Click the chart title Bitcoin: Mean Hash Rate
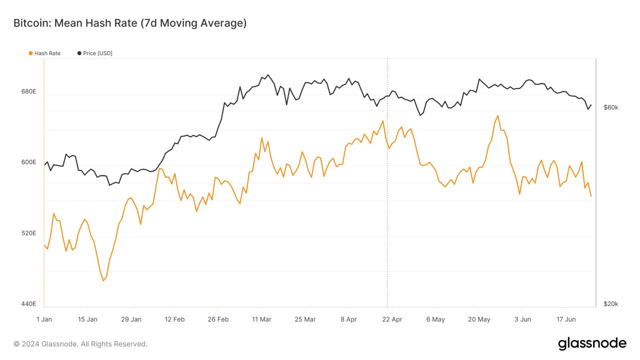click(x=129, y=23)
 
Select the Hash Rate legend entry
click(x=47, y=53)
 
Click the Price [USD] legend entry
click(x=97, y=53)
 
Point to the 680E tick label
click(x=28, y=91)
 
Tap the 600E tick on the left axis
click(x=28, y=162)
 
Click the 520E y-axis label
click(x=28, y=233)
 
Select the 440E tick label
click(x=28, y=303)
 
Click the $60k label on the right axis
click(x=611, y=107)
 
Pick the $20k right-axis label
click(x=611, y=303)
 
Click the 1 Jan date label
click(x=44, y=319)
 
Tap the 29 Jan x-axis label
click(x=131, y=319)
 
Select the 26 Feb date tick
click(x=218, y=319)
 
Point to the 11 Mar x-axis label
click(x=261, y=319)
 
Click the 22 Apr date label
click(x=392, y=319)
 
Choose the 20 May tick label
click(x=479, y=319)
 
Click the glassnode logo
click(x=592, y=343)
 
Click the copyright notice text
click(x=80, y=344)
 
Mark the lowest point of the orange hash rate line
click(x=103, y=280)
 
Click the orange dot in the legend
click(x=31, y=53)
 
